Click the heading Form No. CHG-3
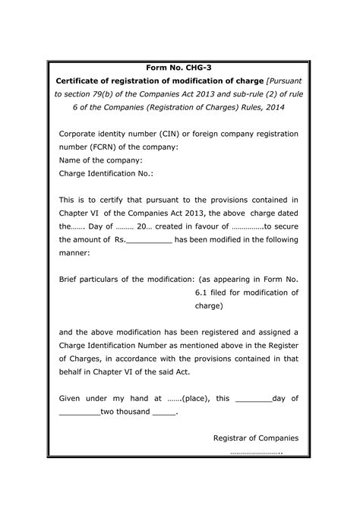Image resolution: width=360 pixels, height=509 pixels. pyautogui.click(x=179, y=68)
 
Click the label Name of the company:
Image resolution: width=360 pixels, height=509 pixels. pyautogui.click(x=100, y=160)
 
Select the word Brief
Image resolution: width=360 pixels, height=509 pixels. pyautogui.click(x=71, y=280)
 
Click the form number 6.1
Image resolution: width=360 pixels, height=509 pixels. pyautogui.click(x=202, y=292)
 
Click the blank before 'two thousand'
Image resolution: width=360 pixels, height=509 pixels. pyautogui.click(x=79, y=413)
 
